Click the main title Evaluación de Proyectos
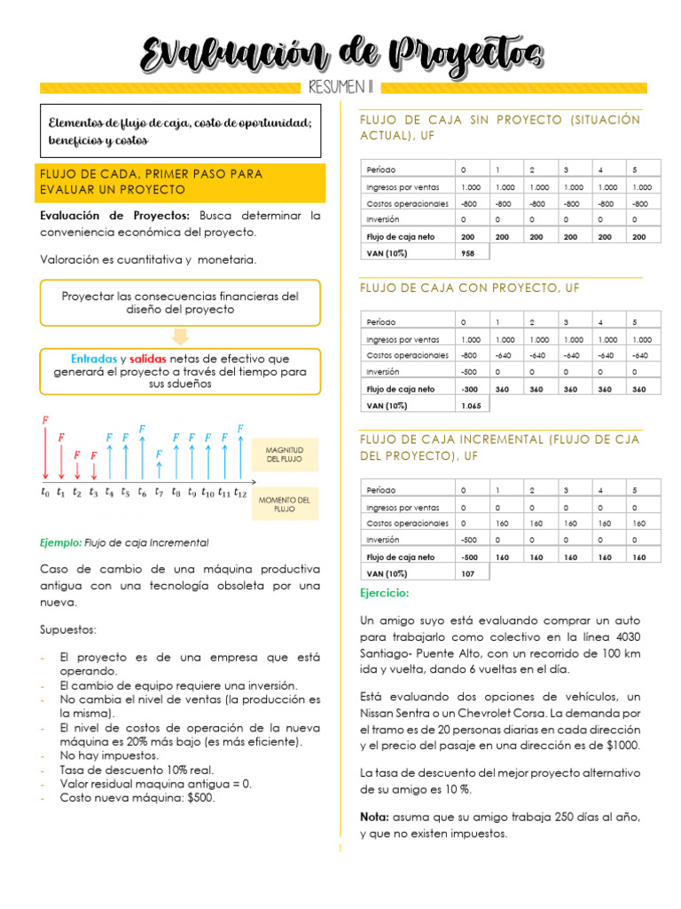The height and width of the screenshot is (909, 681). [341, 55]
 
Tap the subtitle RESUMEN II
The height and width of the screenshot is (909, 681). [341, 88]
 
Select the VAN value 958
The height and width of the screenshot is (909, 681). [468, 253]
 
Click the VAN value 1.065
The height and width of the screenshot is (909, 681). [471, 405]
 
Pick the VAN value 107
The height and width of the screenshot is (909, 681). [468, 573]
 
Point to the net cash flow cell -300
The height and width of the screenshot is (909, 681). [469, 389]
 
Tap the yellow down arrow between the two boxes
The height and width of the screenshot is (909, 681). [180, 336]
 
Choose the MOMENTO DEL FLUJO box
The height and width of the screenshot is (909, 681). [285, 504]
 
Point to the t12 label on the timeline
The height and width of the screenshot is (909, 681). [239, 493]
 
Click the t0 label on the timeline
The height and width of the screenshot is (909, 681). [45, 493]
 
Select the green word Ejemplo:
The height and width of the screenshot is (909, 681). [61, 542]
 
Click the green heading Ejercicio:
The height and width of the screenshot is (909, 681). [385, 593]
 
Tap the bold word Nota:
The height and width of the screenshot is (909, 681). [374, 816]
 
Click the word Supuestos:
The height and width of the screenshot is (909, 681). [69, 629]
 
